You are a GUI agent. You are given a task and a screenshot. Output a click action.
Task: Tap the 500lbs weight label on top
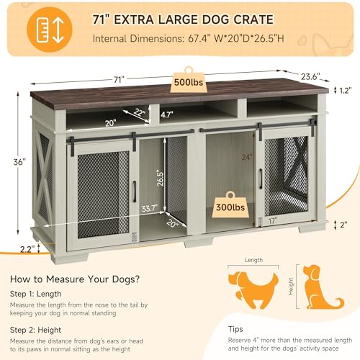click(x=189, y=84)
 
